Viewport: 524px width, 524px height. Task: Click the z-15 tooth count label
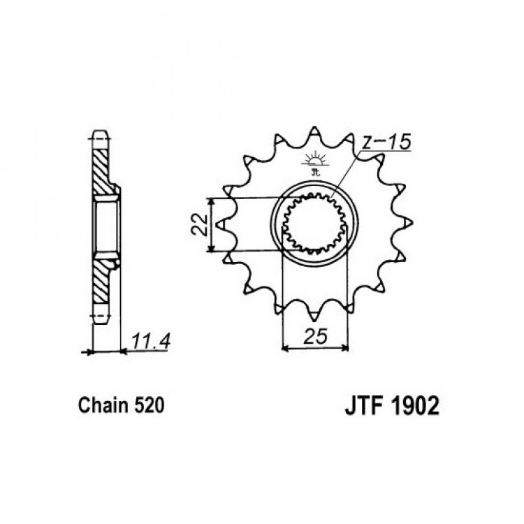[386, 143]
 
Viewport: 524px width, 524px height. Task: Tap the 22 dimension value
[201, 224]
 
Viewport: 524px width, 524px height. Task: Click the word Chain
[103, 405]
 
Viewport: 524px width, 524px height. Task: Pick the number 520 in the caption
[150, 405]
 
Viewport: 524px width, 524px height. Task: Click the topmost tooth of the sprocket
[314, 132]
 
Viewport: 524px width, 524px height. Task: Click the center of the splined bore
[314, 223]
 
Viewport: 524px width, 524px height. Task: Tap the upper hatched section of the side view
[101, 171]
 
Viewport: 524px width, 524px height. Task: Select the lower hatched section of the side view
[101, 282]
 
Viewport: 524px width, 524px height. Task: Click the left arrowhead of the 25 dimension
[286, 349]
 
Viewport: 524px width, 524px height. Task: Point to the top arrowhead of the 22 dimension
[211, 201]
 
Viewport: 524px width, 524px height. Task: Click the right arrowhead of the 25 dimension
[344, 349]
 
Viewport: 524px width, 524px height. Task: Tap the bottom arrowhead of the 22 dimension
[211, 248]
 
